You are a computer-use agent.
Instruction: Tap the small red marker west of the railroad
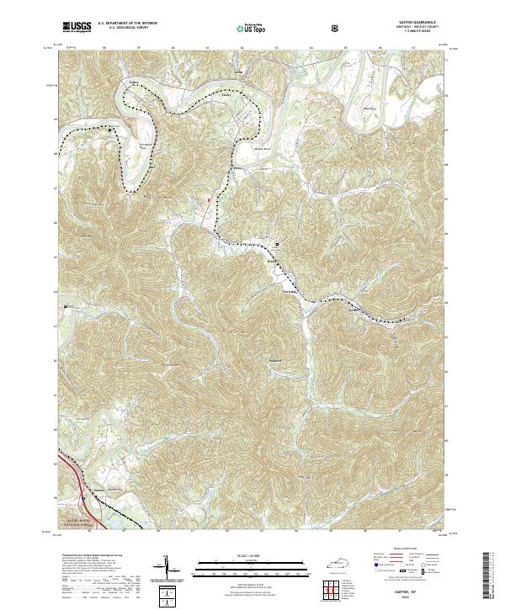point(205,199)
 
